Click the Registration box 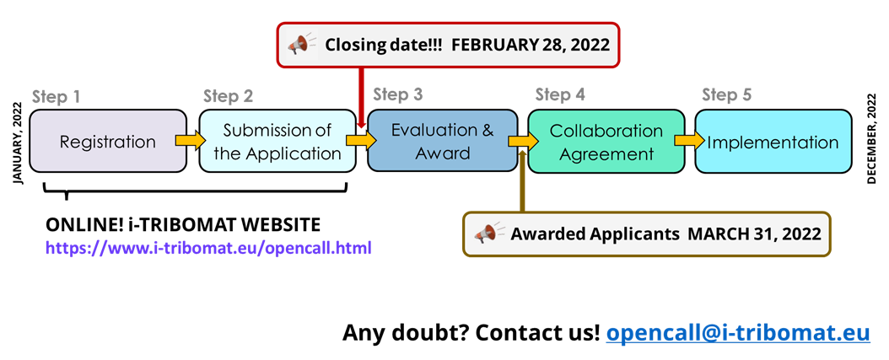(108, 141)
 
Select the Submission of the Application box (277, 141)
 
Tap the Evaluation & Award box (442, 141)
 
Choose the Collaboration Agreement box (606, 141)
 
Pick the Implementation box (773, 141)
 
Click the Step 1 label (56, 96)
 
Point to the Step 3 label (398, 94)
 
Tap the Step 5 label (727, 94)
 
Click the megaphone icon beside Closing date (301, 44)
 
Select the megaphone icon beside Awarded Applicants (488, 233)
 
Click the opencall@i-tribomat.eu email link (738, 332)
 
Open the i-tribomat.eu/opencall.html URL (208, 248)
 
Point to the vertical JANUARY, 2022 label (17, 143)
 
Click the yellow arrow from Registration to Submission (191, 140)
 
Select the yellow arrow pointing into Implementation (689, 141)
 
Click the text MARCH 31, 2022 (755, 234)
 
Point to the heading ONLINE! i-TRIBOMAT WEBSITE (182, 225)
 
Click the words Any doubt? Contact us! (471, 332)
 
